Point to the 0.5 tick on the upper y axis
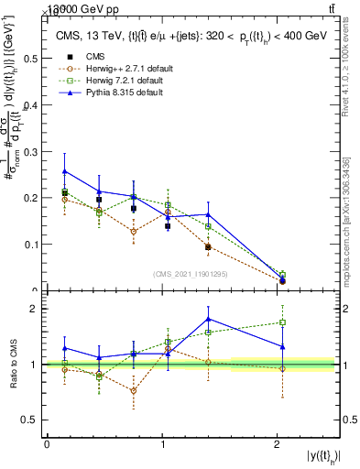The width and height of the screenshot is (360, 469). tap(30, 58)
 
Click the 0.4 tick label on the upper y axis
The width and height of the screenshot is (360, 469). tap(30, 104)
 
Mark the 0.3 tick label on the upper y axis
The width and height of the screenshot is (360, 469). tap(30, 151)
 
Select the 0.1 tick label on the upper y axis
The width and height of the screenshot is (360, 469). tap(30, 245)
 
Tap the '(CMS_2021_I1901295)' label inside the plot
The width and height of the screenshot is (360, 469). tap(190, 274)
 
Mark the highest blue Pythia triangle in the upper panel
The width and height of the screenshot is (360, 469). tap(64, 171)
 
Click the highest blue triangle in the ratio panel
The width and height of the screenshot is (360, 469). tap(210, 319)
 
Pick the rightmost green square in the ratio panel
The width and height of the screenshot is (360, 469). tap(282, 322)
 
